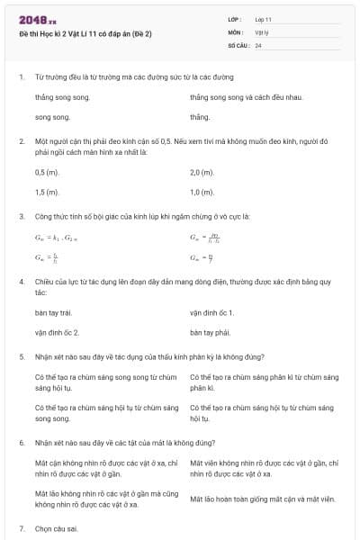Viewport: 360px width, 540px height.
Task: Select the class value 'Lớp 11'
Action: point(263,18)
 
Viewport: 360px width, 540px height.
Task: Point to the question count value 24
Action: point(258,44)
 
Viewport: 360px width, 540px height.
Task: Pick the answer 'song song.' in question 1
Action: point(52,117)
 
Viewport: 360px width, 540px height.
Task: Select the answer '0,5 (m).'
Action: point(48,172)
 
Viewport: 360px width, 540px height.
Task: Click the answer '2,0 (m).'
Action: point(202,172)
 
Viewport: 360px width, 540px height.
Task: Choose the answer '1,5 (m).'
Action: point(48,193)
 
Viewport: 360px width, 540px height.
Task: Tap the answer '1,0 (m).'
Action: point(202,193)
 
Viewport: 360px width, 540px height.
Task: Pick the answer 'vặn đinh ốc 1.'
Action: point(212,312)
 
